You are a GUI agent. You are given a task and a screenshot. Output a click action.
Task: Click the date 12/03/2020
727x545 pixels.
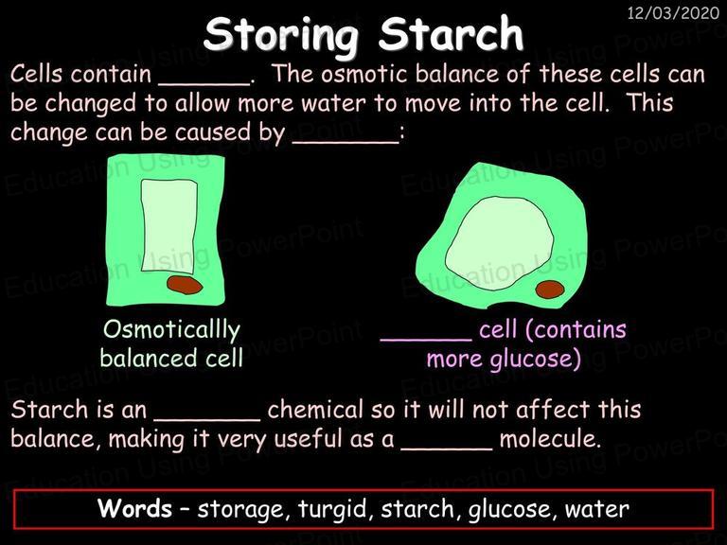pyautogui.click(x=673, y=13)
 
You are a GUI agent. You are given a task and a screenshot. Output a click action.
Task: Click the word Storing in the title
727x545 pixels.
pyautogui.click(x=281, y=35)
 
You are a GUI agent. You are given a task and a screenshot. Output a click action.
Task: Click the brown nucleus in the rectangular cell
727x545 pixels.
pyautogui.click(x=185, y=285)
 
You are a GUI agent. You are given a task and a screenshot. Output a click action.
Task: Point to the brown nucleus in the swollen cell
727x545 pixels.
pyautogui.click(x=550, y=290)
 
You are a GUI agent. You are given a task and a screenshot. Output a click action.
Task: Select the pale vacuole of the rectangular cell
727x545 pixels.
pyautogui.click(x=169, y=226)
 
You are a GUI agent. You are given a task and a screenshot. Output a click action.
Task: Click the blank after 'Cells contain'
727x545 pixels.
pyautogui.click(x=204, y=84)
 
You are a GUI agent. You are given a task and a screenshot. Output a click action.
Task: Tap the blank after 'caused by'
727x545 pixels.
pyautogui.click(x=346, y=142)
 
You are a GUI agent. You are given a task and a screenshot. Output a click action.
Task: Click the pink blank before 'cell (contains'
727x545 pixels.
pyautogui.click(x=426, y=341)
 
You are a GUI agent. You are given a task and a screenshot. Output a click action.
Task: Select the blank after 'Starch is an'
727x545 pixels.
pyautogui.click(x=207, y=420)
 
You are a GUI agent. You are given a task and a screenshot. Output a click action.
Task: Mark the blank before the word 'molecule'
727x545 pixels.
pyautogui.click(x=447, y=448)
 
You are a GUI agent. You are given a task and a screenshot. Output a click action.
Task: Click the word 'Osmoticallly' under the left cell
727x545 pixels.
pyautogui.click(x=171, y=331)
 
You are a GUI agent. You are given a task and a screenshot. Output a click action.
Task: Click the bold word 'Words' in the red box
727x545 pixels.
pyautogui.click(x=134, y=508)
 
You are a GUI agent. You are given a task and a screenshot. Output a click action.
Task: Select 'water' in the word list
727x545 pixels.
pyautogui.click(x=596, y=509)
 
